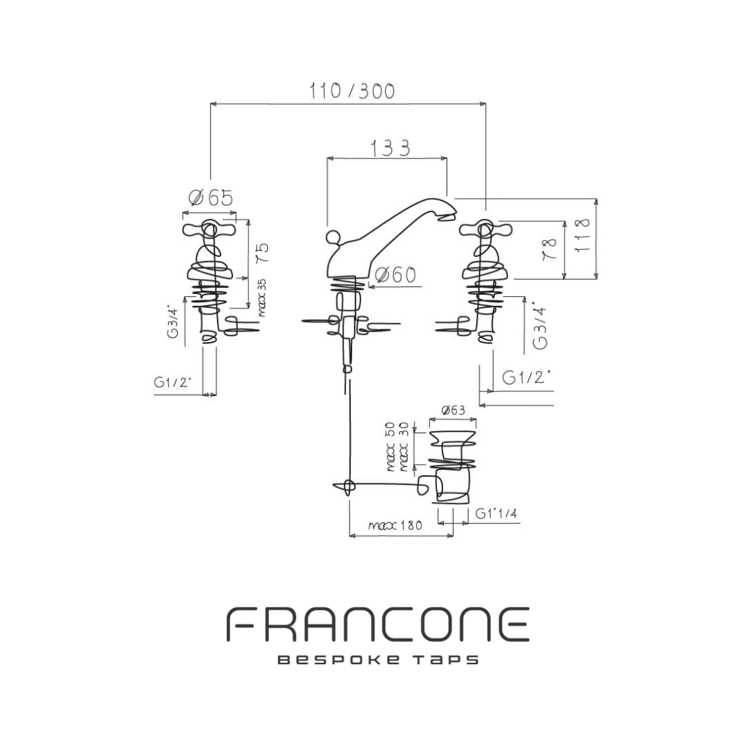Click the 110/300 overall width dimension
(x=352, y=91)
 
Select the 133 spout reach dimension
(x=390, y=148)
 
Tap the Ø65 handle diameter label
(x=211, y=198)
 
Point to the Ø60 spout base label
(x=395, y=275)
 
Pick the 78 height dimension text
(x=551, y=249)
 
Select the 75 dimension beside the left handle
(x=262, y=253)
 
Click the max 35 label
(x=262, y=297)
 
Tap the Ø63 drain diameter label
(x=454, y=411)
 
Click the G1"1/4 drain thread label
(x=496, y=514)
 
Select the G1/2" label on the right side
(x=526, y=377)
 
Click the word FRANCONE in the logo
(x=377, y=625)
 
